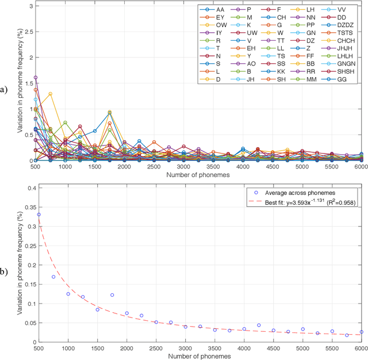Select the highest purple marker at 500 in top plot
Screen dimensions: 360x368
click(36, 77)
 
